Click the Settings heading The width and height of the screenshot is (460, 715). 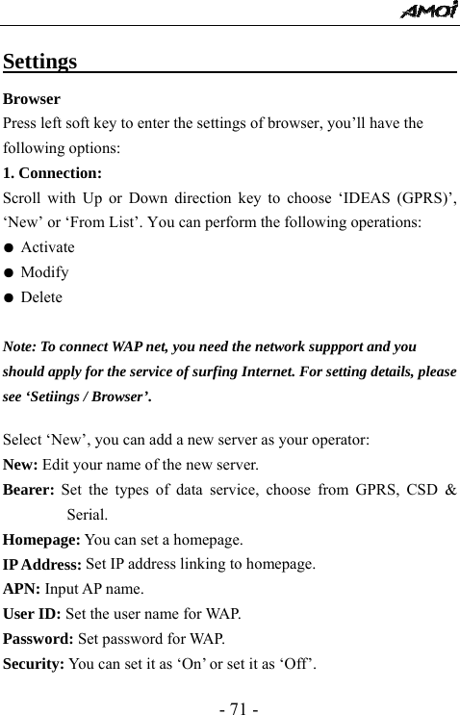click(40, 63)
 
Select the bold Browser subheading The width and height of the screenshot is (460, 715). click(32, 99)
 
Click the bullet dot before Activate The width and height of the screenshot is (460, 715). click(9, 248)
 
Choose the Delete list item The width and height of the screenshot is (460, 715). click(41, 297)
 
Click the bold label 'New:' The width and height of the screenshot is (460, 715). click(21, 464)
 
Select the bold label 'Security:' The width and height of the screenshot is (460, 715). click(36, 663)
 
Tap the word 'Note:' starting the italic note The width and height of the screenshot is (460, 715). click(21, 345)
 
